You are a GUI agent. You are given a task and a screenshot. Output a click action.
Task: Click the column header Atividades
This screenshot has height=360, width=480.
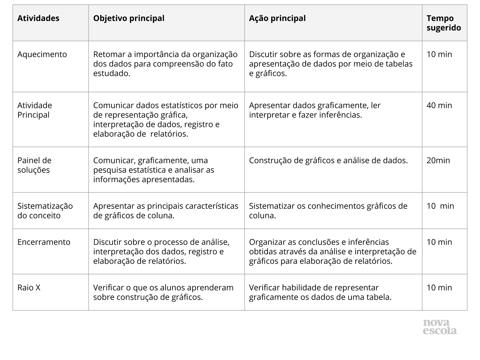pos(38,18)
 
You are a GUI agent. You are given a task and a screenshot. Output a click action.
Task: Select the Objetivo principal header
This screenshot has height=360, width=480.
pos(129,18)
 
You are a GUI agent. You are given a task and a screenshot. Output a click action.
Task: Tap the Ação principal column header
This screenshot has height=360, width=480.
pos(277,18)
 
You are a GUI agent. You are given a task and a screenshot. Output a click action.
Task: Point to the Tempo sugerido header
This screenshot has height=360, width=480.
pos(444,23)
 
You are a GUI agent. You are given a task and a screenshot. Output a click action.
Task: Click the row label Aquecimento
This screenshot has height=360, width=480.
pos(42,54)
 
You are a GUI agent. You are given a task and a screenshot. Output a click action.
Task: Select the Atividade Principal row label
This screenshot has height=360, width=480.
pos(34,110)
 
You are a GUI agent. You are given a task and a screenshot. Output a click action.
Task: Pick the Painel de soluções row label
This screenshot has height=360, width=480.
pos(34,165)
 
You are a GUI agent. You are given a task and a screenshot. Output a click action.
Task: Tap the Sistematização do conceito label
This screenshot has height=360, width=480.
pos(45,211)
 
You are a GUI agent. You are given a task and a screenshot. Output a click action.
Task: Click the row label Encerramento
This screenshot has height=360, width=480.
pos(44,242)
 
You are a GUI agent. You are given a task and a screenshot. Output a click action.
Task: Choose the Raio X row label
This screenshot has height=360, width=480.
pos(29,288)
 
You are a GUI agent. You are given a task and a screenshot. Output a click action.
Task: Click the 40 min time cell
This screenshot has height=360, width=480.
pos(439,105)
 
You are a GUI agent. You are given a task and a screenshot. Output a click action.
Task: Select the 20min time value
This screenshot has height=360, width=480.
pos(438,160)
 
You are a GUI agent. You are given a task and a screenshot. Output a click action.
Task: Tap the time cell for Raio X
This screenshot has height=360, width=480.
pos(439,288)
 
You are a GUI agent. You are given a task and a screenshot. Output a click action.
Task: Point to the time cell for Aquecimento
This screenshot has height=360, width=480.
pos(439,54)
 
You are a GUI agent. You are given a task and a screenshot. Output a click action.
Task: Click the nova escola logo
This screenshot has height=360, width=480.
pos(440,327)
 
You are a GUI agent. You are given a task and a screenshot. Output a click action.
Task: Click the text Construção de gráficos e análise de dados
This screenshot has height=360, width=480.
pos(328,160)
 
